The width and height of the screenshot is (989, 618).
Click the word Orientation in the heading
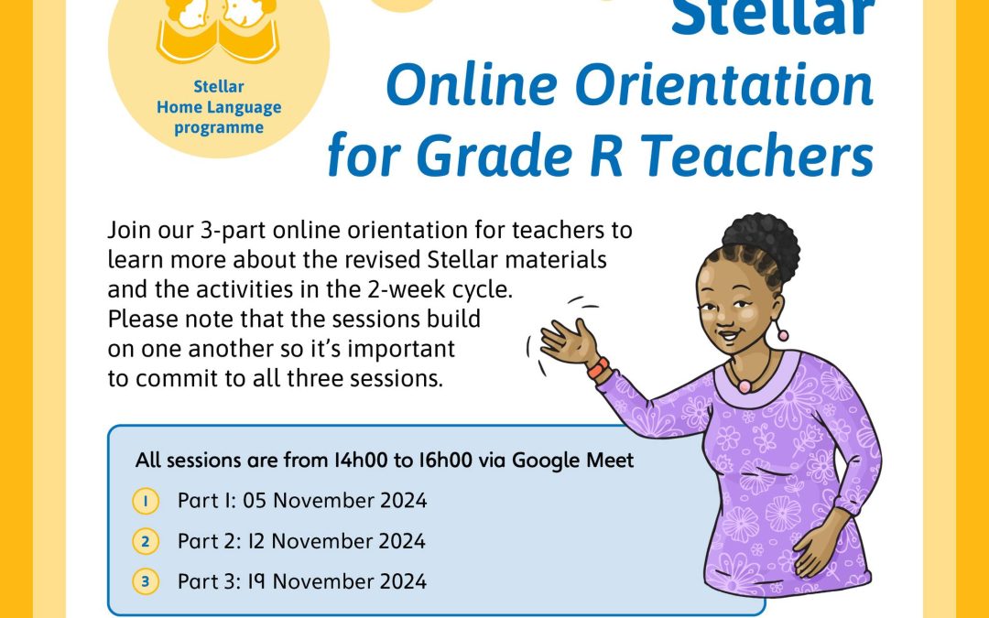click(724, 85)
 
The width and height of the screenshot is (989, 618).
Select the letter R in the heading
click(606, 156)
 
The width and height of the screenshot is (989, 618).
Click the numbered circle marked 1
click(146, 502)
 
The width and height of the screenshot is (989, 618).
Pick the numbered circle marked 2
click(146, 542)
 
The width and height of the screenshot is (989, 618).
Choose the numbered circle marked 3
click(146, 581)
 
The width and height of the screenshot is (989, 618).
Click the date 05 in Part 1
click(255, 501)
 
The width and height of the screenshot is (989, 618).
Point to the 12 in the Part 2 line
click(255, 541)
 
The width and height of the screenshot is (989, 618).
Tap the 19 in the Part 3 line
click(255, 581)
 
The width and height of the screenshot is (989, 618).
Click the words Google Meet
click(572, 461)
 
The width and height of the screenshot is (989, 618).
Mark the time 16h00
click(445, 461)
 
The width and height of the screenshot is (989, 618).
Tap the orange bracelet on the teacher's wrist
click(598, 368)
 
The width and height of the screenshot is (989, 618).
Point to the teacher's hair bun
click(761, 243)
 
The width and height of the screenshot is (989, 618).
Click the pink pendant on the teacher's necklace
click(744, 386)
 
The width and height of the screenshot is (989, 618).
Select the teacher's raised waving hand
click(569, 343)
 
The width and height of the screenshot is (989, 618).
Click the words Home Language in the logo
click(219, 107)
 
